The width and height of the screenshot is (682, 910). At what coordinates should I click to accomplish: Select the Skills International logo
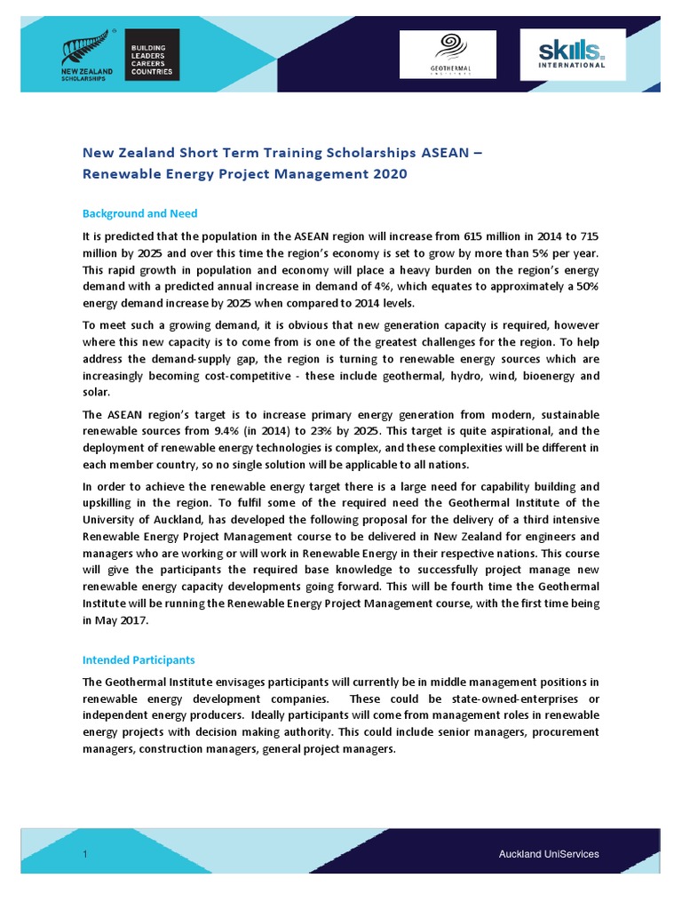point(573,54)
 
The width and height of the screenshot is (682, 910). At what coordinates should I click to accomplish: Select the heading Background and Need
point(139,214)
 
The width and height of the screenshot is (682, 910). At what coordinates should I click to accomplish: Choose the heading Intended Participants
point(139,660)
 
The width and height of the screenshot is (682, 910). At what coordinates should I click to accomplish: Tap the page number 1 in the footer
point(84,854)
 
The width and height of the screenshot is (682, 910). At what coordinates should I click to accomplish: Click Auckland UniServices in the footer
point(548,854)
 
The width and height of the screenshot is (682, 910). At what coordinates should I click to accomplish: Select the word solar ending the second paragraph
point(96,392)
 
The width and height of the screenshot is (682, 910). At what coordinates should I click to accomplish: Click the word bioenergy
point(542,376)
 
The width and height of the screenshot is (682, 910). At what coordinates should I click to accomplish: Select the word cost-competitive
point(248,376)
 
